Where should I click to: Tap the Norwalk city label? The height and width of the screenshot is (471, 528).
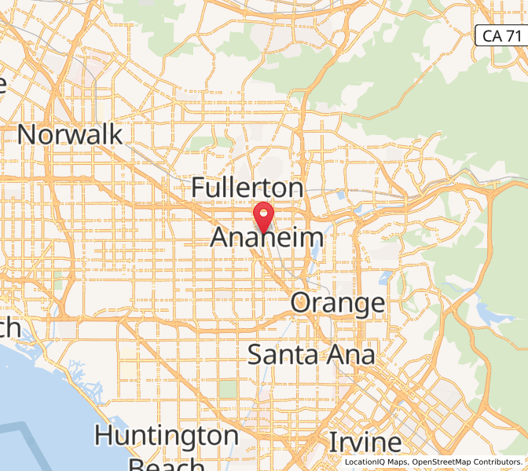pyautogui.click(x=70, y=134)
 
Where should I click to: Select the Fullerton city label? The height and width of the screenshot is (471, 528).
pyautogui.click(x=247, y=188)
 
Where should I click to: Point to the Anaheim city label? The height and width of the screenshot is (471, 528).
pyautogui.click(x=267, y=238)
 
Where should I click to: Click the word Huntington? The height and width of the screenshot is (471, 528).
pyautogui.click(x=167, y=434)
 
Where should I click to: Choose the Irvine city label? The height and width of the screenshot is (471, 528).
pyautogui.click(x=365, y=443)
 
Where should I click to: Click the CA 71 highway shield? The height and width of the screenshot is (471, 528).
pyautogui.click(x=500, y=35)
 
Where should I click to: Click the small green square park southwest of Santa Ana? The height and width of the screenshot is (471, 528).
pyautogui.click(x=228, y=389)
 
